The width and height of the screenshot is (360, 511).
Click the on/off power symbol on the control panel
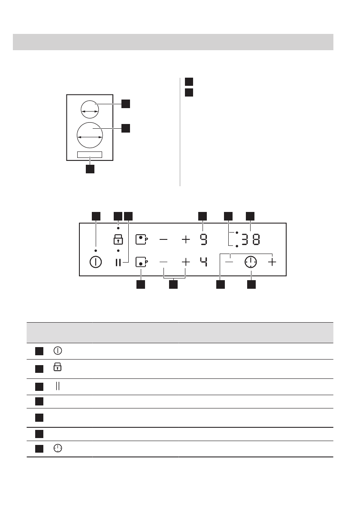(95, 262)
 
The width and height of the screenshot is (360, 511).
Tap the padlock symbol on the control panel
(118, 239)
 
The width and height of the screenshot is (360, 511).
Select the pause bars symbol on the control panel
(118, 262)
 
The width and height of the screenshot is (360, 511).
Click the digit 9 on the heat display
(203, 239)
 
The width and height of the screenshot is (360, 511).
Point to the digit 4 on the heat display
(203, 262)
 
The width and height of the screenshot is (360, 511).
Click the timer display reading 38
(250, 239)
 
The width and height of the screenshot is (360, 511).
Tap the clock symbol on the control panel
(251, 262)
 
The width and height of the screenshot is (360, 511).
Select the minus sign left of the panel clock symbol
(230, 262)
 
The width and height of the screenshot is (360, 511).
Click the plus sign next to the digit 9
(185, 239)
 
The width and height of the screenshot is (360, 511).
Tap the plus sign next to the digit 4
(185, 262)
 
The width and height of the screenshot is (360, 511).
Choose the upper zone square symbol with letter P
(141, 239)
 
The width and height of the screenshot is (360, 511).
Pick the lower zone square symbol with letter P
(141, 262)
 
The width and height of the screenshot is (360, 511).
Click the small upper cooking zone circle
(90, 109)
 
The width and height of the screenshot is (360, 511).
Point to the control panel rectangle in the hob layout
(90, 154)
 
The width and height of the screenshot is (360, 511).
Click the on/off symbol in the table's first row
(58, 351)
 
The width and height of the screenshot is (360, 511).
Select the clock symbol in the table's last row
(58, 448)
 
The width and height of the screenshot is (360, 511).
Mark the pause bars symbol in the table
(58, 386)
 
